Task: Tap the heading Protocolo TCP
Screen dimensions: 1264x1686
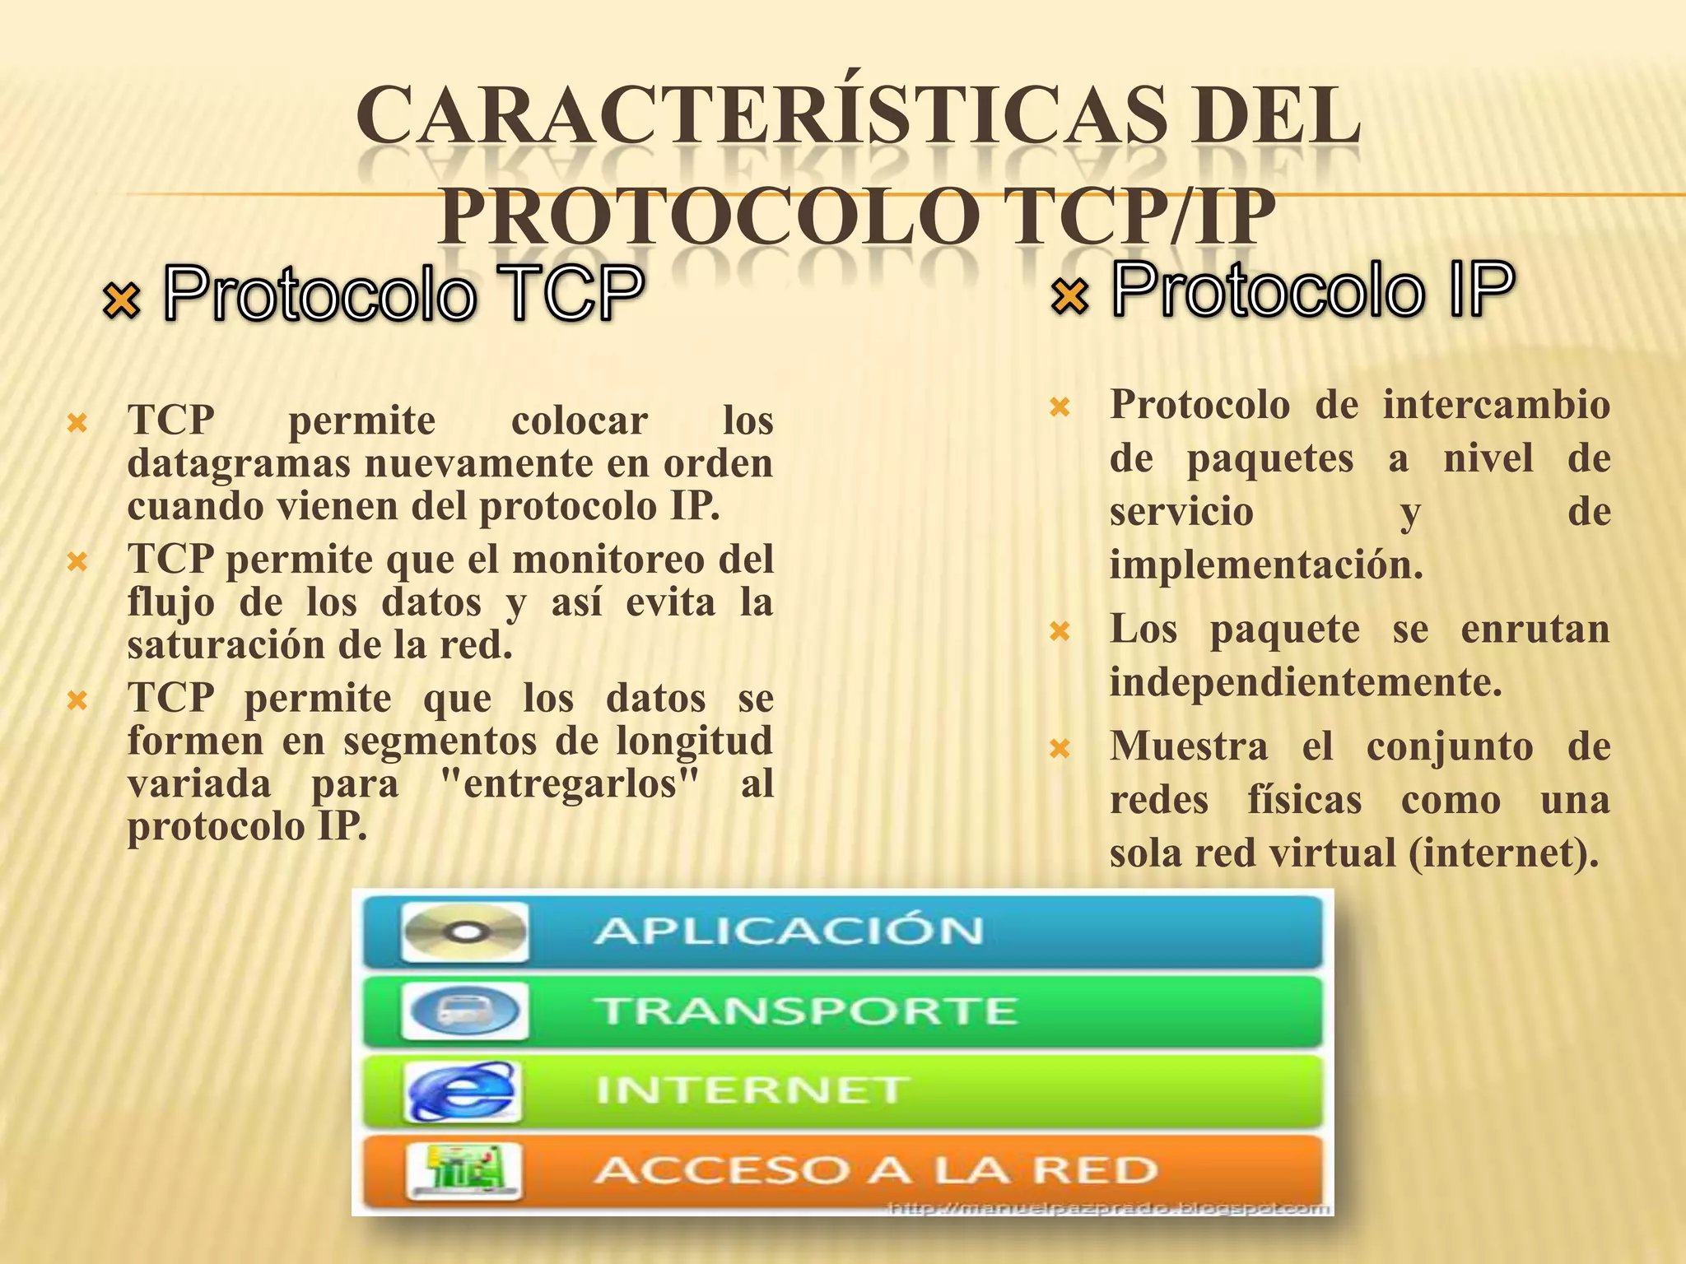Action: tap(403, 292)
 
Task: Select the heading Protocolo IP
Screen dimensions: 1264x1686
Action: tap(1313, 289)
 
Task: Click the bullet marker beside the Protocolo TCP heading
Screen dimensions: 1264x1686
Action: tap(122, 300)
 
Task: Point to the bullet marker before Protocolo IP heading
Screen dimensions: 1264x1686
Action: tap(1070, 295)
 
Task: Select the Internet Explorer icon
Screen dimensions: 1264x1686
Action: tap(463, 1091)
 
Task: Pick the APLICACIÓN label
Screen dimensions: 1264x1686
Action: tap(789, 932)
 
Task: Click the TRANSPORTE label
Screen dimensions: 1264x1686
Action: tap(808, 1011)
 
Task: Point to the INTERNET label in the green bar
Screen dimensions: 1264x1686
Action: tap(752, 1090)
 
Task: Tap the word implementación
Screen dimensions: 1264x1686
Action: tap(1266, 565)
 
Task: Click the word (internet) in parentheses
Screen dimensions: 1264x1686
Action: tap(1503, 853)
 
